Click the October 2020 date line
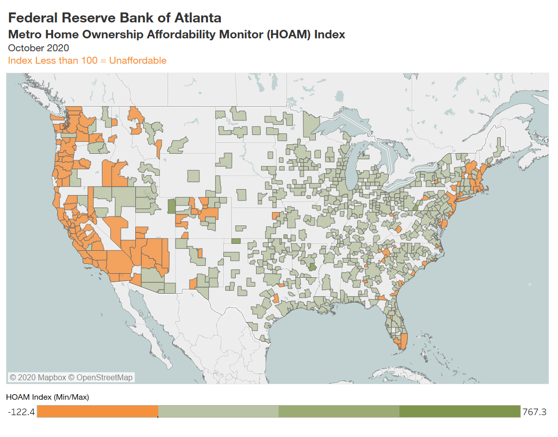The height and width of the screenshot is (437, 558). pos(38,48)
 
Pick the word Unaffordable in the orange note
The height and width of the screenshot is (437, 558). pos(138,61)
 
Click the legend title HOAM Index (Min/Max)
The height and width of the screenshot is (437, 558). pos(47,397)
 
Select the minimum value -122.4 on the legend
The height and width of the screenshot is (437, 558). pos(21,412)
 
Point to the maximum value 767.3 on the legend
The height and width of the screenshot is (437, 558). pos(534,412)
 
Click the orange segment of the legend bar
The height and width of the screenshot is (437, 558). pos(97,412)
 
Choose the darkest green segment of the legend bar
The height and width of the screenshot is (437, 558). pos(459,412)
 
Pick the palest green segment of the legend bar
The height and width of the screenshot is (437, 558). pos(218,412)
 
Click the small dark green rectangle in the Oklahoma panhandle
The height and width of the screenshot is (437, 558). pos(236,241)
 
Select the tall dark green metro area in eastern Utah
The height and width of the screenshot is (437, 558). pos(172,206)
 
